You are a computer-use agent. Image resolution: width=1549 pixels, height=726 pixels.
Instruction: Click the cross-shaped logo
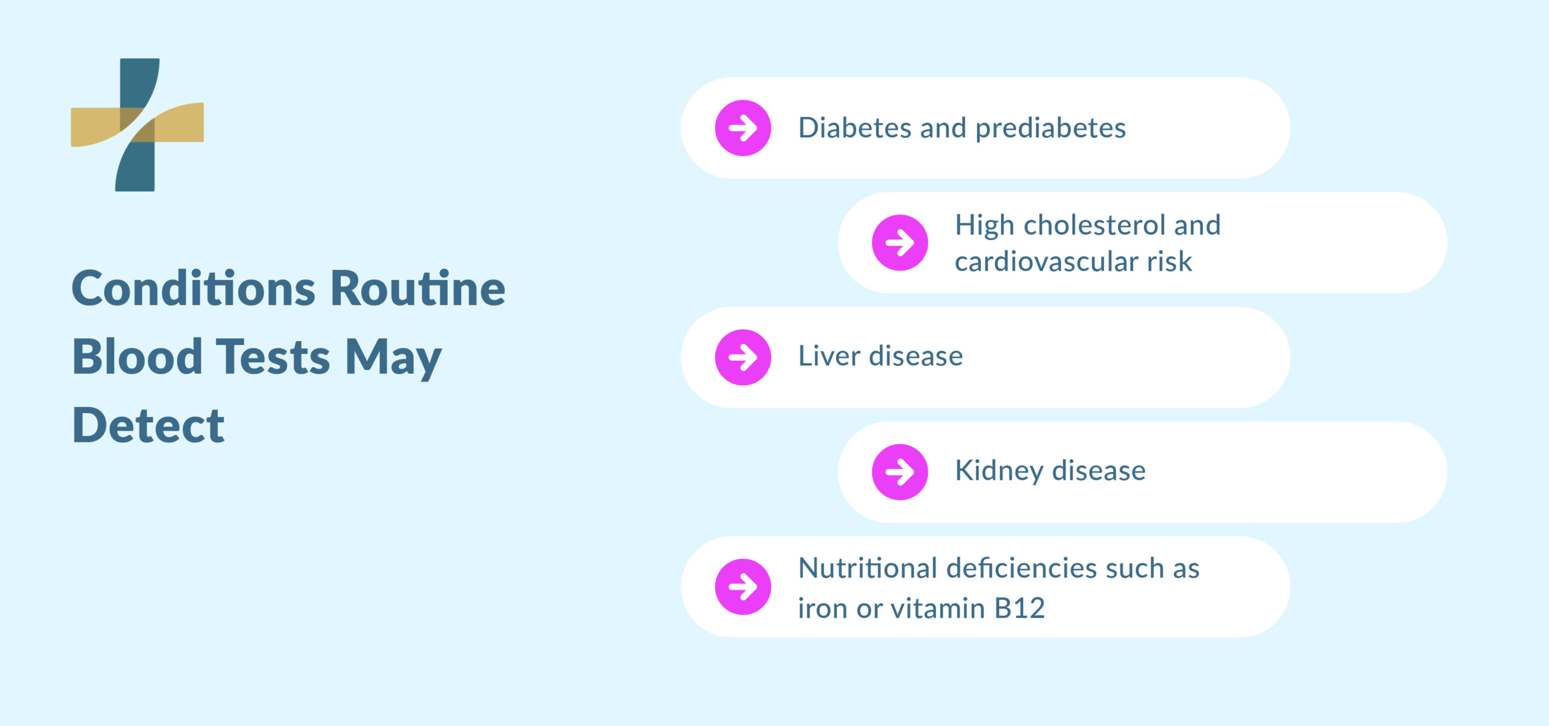[137, 125]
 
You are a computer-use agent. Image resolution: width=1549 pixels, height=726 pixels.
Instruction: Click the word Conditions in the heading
[194, 288]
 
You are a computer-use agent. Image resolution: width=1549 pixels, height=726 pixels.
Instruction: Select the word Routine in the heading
[418, 288]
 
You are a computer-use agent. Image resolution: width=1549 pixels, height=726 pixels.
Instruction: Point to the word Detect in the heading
[148, 425]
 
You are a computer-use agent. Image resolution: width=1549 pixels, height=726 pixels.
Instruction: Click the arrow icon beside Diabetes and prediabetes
[743, 128]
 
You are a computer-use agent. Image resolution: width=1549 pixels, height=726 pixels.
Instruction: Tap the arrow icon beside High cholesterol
[900, 243]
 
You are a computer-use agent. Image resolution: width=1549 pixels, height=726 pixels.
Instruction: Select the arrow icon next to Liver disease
[743, 357]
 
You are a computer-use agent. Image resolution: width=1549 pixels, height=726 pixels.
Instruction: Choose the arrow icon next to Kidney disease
[900, 472]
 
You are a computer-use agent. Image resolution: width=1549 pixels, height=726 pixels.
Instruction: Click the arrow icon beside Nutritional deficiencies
[743, 586]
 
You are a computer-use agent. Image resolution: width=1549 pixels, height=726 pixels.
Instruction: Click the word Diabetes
[855, 128]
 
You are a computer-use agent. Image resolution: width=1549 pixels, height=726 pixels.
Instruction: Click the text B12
[1020, 608]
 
